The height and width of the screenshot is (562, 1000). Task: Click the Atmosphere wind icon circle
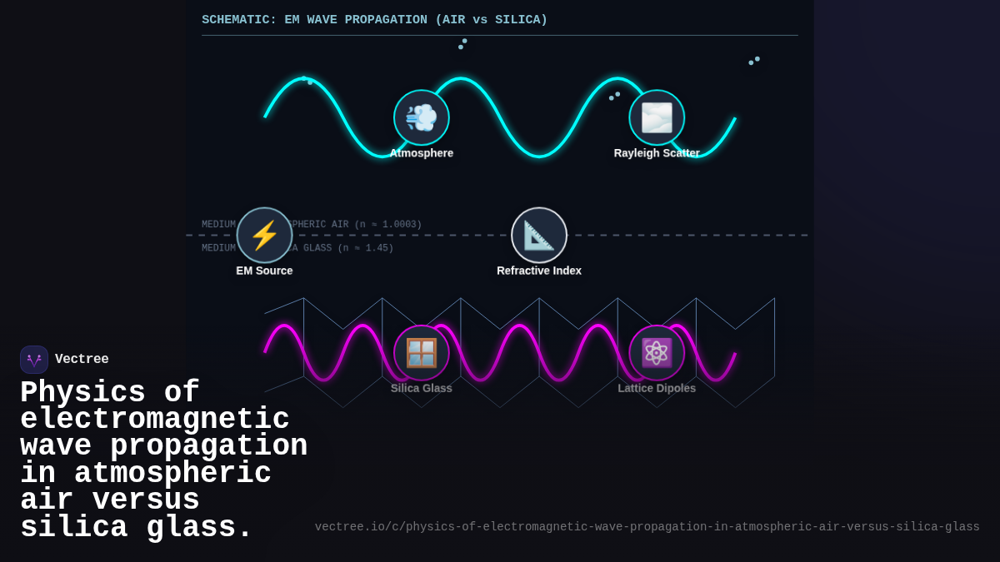[x=422, y=117]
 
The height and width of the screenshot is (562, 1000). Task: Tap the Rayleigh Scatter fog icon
[x=657, y=117]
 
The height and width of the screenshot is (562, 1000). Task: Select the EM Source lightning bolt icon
[x=264, y=236]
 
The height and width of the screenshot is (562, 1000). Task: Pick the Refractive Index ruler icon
[x=539, y=236]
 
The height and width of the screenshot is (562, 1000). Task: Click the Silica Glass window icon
[x=422, y=353]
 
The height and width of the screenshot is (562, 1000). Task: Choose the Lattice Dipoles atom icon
[x=657, y=353]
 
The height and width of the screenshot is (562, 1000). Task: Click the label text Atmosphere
[x=422, y=153]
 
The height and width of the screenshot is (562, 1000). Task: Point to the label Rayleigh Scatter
[x=657, y=153]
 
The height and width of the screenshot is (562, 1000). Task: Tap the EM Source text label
[x=264, y=271]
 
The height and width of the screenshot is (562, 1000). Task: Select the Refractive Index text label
[x=539, y=271]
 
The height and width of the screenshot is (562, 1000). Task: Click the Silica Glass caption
[x=422, y=388]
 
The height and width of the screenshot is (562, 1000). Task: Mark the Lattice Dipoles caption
[x=657, y=388]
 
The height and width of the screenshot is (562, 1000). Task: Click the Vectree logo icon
[x=34, y=360]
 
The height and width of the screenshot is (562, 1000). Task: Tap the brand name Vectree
[x=82, y=360]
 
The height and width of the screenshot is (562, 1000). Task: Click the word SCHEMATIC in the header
[x=238, y=20]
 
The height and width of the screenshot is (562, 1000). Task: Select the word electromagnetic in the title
[x=155, y=420]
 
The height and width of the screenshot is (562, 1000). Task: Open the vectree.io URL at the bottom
[x=647, y=527]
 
